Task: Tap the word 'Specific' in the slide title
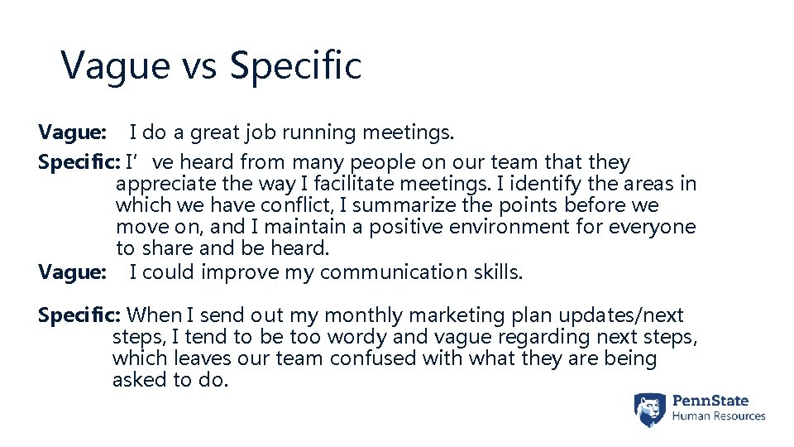pos(295,65)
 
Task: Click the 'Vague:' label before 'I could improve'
pos(72,272)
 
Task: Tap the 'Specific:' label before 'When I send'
pos(80,315)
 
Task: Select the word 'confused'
pos(372,358)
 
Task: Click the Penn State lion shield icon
pos(650,410)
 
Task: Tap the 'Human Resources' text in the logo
pos(718,417)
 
